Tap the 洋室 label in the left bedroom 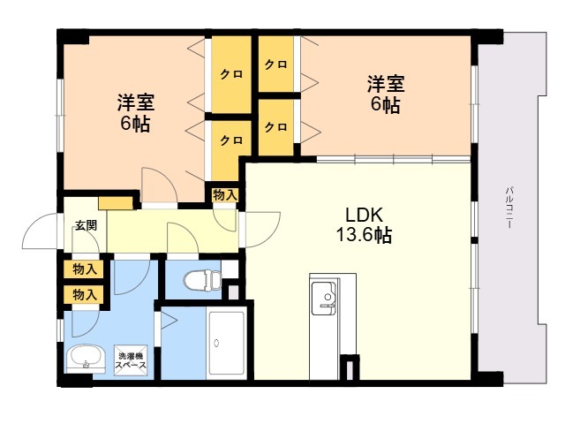134,102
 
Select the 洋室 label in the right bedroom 385,86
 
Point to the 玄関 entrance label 86,224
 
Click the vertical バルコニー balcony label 510,208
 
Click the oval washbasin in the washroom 87,358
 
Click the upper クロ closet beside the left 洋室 231,75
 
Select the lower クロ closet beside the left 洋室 231,140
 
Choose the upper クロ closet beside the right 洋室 276,64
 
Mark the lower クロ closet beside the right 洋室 276,126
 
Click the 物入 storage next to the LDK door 224,194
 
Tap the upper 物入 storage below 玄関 85,269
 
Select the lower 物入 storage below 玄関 85,294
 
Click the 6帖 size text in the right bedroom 385,105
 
